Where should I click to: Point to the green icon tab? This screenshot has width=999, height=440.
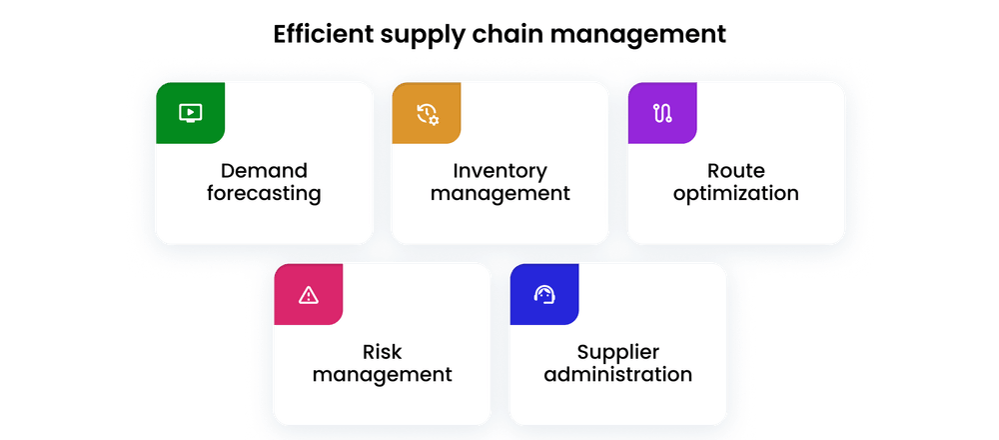click(190, 113)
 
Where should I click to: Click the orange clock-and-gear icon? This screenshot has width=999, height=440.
click(427, 113)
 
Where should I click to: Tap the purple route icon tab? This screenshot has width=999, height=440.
click(661, 113)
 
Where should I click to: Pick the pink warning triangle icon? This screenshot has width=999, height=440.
click(309, 294)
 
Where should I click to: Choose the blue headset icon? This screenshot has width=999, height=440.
click(544, 294)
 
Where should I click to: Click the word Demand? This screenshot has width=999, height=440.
click(264, 170)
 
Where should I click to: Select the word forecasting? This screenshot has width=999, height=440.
click(264, 194)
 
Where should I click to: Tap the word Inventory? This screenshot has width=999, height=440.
click(499, 170)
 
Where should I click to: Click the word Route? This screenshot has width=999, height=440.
click(735, 170)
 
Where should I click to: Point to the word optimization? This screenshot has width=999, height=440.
click(735, 194)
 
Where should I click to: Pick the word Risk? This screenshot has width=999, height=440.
click(382, 351)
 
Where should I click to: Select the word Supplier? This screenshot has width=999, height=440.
click(617, 351)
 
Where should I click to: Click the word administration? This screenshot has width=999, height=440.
click(617, 375)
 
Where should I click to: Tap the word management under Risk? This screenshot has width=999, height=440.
click(382, 376)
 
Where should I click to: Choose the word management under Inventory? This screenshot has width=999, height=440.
click(499, 194)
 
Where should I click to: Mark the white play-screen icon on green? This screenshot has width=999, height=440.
click(190, 113)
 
